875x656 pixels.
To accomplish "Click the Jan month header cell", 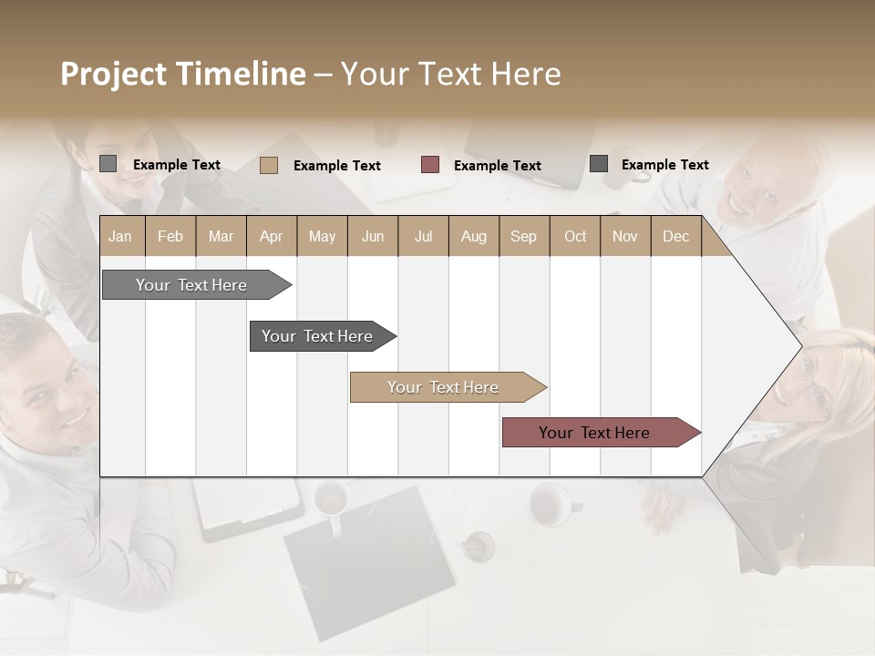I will point(121,236).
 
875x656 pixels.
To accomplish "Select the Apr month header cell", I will point(272,236).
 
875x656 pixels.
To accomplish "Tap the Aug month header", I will point(473,236).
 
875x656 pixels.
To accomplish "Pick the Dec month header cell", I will point(675,236).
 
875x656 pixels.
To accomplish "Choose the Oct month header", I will point(575,236).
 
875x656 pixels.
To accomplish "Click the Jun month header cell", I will point(373,236).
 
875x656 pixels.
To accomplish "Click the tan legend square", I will point(268,165).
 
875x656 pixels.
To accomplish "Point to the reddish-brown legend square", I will point(430,165).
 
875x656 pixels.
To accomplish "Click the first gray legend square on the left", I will point(108,164).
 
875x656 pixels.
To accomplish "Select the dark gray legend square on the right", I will point(599,164).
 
